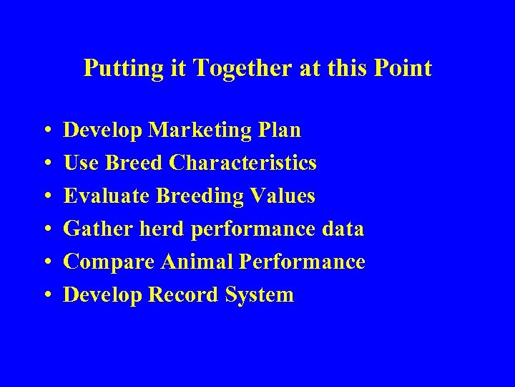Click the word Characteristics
click(x=243, y=163)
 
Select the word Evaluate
click(x=107, y=196)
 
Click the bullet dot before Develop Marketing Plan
click(x=46, y=131)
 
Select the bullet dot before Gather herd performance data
click(x=46, y=230)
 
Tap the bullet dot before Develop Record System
click(x=46, y=296)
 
